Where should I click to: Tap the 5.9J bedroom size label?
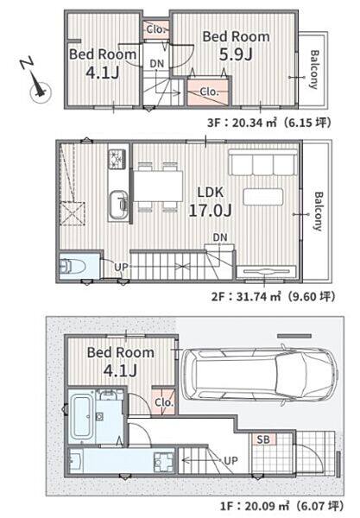click(x=237, y=54)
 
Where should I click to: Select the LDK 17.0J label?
click(x=210, y=201)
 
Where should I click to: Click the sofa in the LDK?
click(x=263, y=162)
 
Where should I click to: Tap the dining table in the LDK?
click(x=158, y=186)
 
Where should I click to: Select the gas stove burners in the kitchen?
click(x=117, y=158)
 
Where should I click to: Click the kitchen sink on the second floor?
click(x=119, y=205)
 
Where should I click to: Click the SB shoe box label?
click(x=263, y=439)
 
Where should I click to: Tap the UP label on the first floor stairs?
click(x=231, y=460)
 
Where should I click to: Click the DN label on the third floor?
click(x=157, y=64)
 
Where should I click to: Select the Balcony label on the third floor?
click(x=313, y=69)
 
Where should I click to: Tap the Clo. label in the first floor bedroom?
click(x=164, y=402)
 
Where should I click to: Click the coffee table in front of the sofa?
click(x=263, y=197)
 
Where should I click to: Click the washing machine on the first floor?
click(x=164, y=461)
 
